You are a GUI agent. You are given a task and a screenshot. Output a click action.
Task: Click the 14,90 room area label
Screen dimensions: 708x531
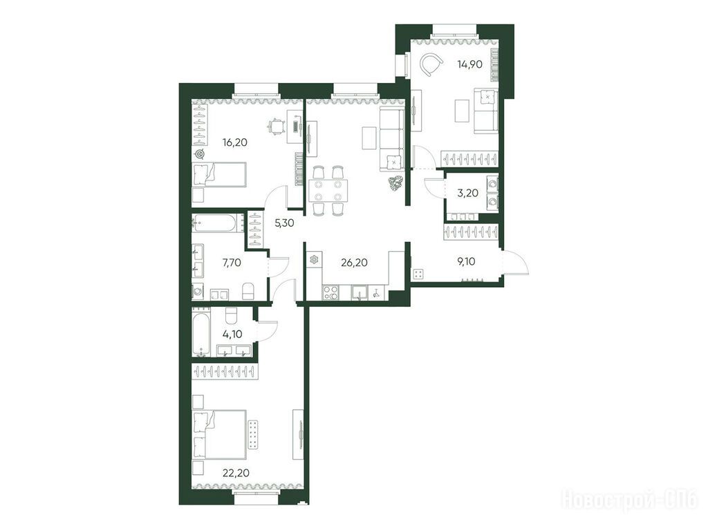click(469, 64)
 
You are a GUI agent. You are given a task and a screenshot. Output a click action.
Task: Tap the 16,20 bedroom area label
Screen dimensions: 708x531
click(235, 142)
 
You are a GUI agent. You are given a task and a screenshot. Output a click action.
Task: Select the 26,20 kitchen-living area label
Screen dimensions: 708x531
click(355, 262)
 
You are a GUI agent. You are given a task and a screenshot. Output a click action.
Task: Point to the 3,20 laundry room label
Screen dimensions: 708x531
click(468, 194)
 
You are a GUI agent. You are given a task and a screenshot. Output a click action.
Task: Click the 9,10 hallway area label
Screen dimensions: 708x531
click(466, 261)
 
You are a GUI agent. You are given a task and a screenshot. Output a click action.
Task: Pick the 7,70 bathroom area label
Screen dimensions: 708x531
click(232, 262)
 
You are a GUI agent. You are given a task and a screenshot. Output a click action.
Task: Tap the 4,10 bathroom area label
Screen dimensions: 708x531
click(232, 335)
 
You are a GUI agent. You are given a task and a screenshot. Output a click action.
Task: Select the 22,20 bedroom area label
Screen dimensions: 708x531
click(236, 473)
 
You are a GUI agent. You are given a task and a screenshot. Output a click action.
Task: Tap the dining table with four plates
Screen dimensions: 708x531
click(328, 191)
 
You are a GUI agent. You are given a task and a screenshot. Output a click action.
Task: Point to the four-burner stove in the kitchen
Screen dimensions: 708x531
click(330, 292)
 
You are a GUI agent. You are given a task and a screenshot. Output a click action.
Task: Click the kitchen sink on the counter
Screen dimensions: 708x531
click(360, 292)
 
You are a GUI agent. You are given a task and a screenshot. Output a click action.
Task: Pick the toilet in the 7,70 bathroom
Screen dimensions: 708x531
click(249, 291)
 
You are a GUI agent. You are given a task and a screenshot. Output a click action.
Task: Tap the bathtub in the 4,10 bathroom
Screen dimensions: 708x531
click(199, 332)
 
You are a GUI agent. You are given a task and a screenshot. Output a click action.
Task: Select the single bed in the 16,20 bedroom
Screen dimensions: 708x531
click(219, 174)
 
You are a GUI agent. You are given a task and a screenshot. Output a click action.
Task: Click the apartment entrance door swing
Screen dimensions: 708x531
click(516, 261)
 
